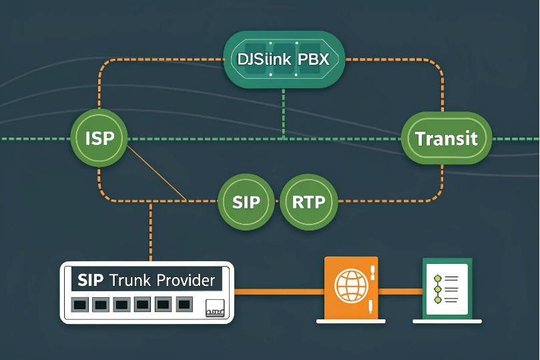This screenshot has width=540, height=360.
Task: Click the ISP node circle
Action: pos(99,139)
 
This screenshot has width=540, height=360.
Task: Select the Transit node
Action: pos(446,138)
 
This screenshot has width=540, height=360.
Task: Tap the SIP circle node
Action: pos(246,202)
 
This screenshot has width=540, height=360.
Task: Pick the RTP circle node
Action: pos(308,202)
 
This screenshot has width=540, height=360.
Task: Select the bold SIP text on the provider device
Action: pos(91,279)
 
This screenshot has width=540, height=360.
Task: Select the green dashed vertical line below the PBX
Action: pos(284,114)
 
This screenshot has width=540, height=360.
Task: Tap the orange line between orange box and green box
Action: pos(400,291)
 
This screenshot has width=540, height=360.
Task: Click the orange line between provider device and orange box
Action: pos(277,291)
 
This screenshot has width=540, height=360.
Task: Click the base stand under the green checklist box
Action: pos(448,321)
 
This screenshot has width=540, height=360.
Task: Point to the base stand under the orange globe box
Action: pos(351,321)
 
